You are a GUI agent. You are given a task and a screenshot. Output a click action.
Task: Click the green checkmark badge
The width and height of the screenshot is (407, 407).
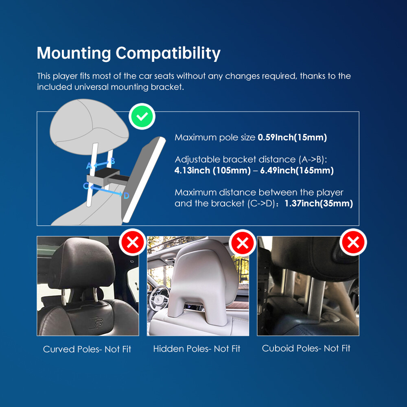pos(142,116)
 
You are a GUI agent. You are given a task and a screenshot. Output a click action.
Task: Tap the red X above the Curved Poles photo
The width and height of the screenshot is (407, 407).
pos(133,242)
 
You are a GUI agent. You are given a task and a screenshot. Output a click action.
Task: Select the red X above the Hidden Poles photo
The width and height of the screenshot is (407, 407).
pos(243,243)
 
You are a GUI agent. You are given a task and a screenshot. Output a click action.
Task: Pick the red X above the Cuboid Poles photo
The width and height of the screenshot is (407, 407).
pos(353,242)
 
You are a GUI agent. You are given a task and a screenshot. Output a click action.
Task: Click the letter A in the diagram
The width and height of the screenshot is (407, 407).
pos(89,166)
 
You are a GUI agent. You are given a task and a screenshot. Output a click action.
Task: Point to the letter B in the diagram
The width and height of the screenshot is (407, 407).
pos(112,161)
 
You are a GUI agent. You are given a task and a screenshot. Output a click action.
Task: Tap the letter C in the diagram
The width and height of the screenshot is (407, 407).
pos(86,186)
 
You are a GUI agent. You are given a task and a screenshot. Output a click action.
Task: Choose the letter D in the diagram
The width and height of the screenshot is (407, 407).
pos(127,196)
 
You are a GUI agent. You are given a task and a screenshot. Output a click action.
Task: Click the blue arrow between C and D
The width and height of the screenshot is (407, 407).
pos(106,190)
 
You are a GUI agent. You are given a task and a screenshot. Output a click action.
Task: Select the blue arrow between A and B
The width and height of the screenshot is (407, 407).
pos(101,164)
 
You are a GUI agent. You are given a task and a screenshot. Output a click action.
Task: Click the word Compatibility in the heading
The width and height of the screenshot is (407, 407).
pos(168,53)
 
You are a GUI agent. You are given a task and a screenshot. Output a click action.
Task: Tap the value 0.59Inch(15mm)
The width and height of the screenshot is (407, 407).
pos(292,137)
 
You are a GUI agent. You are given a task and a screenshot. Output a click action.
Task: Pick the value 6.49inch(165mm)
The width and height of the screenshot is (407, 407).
pos(297,171)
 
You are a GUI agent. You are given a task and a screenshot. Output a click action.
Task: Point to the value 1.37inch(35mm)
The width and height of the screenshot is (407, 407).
pos(319,203)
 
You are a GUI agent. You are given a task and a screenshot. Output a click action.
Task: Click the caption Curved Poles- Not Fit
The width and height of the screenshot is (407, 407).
pos(87,349)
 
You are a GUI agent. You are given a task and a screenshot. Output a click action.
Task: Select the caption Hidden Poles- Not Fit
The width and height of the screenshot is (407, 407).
pos(197,349)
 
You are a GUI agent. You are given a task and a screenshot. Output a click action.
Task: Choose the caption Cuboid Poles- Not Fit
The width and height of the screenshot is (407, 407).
pos(306,348)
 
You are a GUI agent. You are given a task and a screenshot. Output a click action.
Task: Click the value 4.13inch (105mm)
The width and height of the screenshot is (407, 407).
pos(212,171)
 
